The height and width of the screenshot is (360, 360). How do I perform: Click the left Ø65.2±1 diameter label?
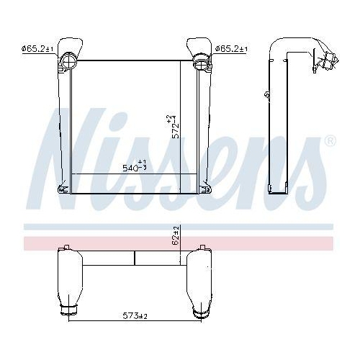pyautogui.click(x=37, y=49)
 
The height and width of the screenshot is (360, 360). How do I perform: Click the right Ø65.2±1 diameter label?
pyautogui.click(x=231, y=49)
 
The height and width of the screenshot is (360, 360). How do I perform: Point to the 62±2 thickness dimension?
pyautogui.click(x=176, y=235)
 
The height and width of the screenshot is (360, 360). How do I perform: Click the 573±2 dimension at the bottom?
pyautogui.click(x=135, y=315)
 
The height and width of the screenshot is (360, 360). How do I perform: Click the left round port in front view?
pyautogui.click(x=69, y=60)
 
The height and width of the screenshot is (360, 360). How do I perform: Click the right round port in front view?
pyautogui.click(x=202, y=61)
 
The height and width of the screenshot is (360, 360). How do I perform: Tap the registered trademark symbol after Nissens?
pyautogui.click(x=330, y=141)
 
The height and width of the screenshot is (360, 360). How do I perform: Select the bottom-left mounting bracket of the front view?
pyautogui.click(x=63, y=188)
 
